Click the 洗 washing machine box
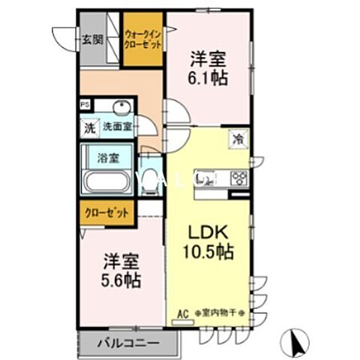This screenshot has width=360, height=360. [89, 127]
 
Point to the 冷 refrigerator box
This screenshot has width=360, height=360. [237, 139]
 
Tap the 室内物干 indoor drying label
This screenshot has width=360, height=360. [219, 313]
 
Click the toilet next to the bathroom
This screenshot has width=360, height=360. [150, 180]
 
